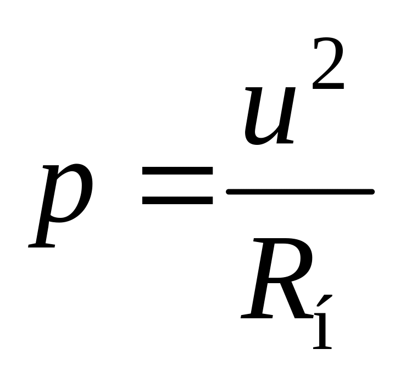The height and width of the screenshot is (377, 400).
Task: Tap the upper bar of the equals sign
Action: click(x=177, y=171)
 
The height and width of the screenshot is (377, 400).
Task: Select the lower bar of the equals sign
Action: click(x=177, y=200)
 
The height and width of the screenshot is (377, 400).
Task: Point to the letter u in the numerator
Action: click(x=269, y=117)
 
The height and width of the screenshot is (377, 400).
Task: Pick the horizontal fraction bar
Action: click(x=300, y=192)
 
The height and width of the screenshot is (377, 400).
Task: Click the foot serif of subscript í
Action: click(x=323, y=347)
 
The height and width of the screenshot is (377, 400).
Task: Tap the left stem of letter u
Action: click(x=254, y=115)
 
